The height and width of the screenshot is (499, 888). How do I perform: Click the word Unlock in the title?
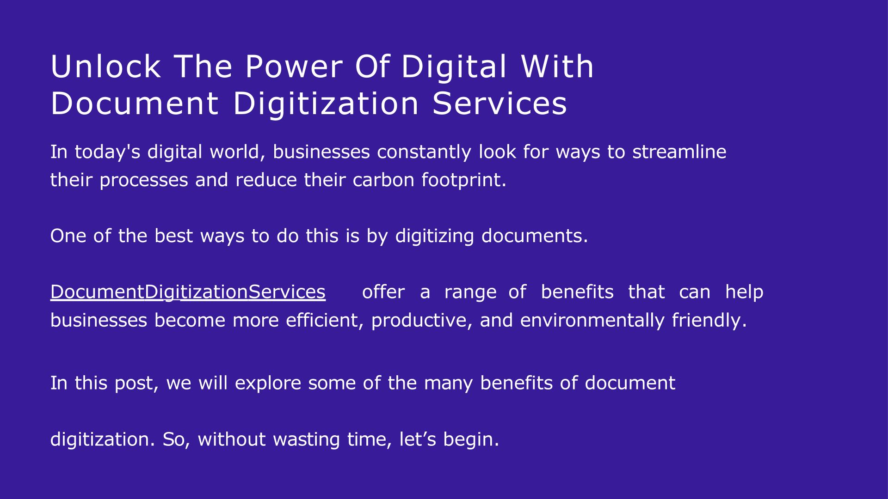[x=105, y=67]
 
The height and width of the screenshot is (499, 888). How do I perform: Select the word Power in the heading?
[x=294, y=67]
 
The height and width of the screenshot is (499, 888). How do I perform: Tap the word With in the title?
[x=557, y=67]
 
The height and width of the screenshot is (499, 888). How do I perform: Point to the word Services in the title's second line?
[x=499, y=103]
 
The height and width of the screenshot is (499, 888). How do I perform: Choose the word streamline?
[x=679, y=152]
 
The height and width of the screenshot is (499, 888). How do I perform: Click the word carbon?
[x=383, y=180]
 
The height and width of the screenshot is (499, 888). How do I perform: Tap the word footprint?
[x=464, y=180]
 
